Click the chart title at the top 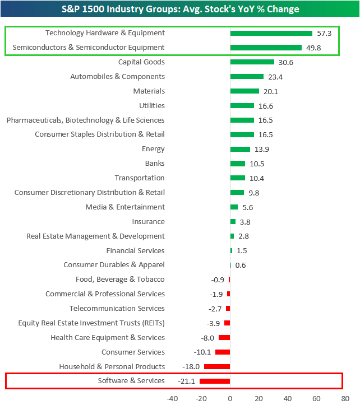(180, 9)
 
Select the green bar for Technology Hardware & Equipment (271, 33)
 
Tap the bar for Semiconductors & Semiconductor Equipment (266, 48)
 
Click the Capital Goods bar (252, 62)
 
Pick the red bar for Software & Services (215, 381)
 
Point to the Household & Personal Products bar (217, 366)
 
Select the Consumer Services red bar (223, 352)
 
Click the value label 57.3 (324, 33)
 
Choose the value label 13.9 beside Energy (261, 150)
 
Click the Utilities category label (152, 106)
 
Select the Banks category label (155, 164)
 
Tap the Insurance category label (148, 222)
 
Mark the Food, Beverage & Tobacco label (120, 280)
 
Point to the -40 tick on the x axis (172, 398)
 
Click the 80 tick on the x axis (344, 398)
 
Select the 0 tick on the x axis (230, 398)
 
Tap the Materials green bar (244, 91)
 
